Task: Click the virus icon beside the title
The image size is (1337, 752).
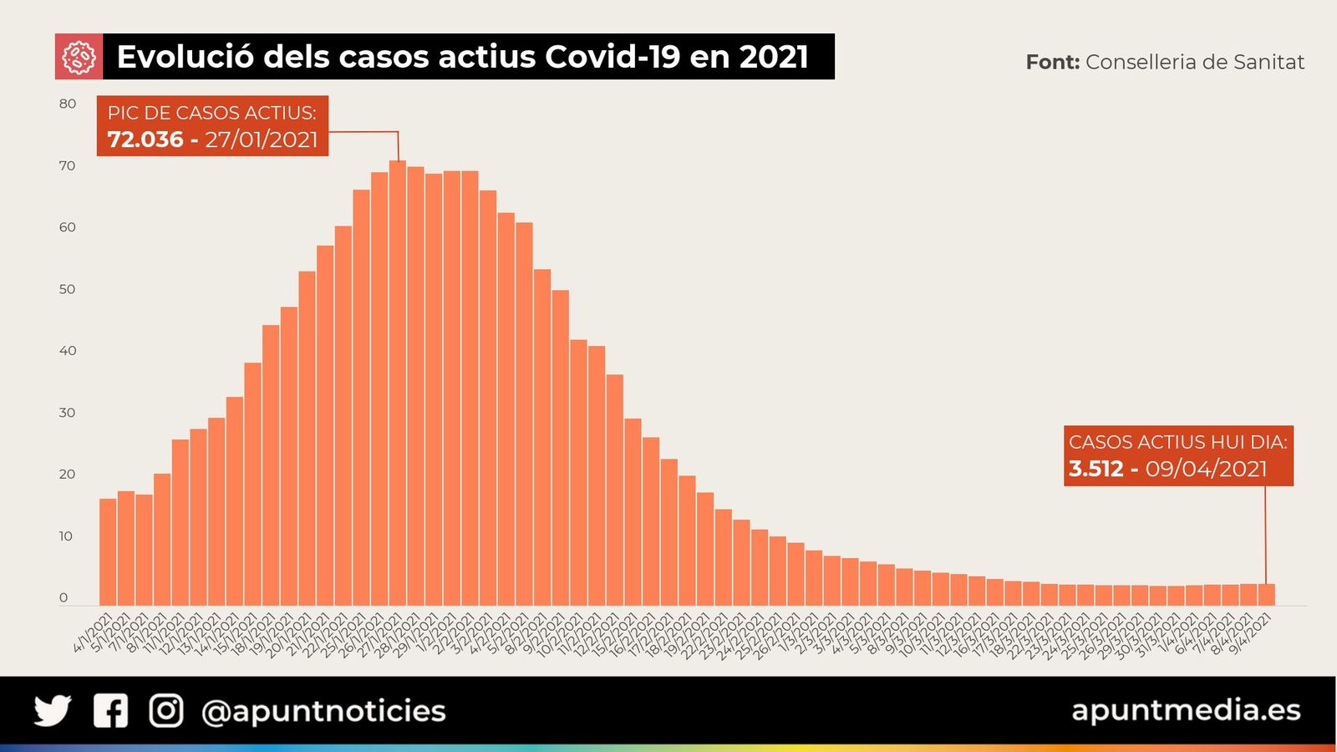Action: pos(79,57)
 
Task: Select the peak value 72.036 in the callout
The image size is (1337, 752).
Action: pos(145,140)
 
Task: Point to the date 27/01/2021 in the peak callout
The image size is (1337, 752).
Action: pos(262,140)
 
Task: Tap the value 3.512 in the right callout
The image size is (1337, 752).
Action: pos(1096,469)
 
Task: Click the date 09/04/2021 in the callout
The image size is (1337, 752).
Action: pos(1206,469)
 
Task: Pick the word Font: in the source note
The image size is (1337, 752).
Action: pos(1052,63)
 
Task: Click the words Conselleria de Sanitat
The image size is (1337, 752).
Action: pos(1194,63)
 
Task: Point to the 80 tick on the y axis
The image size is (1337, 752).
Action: pos(68,104)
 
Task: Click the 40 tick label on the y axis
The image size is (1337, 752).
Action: pos(68,351)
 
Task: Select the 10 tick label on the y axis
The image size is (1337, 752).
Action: pos(66,536)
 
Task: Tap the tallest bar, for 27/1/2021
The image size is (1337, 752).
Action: pos(398,384)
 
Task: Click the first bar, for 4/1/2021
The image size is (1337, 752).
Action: pos(108,551)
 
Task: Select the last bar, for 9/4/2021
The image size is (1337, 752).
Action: pos(1266,595)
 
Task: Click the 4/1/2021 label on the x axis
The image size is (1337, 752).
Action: pos(94,633)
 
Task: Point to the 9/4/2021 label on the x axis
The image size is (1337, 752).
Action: pos(1251,633)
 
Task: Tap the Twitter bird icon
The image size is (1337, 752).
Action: pos(53,711)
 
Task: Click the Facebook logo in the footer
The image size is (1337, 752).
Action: pos(110,711)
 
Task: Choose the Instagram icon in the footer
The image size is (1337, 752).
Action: pos(165,711)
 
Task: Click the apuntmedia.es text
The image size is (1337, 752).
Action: pos(1186,710)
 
